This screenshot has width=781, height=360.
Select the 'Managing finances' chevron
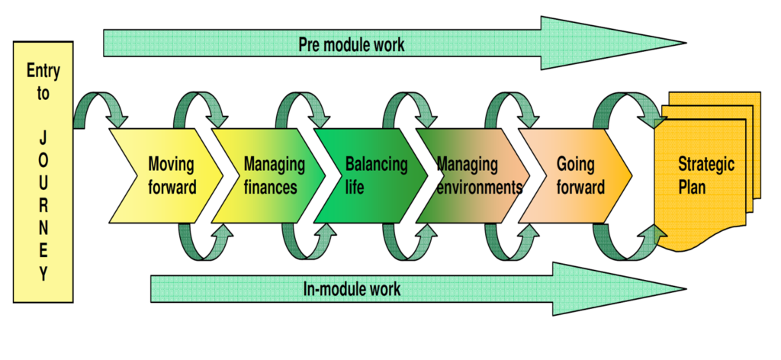coord(271,175)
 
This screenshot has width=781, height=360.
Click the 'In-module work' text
coord(352,289)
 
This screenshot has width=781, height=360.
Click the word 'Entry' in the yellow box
coord(43,72)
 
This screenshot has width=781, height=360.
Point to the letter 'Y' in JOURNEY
coord(43,275)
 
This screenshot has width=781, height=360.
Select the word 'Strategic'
coord(705,164)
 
